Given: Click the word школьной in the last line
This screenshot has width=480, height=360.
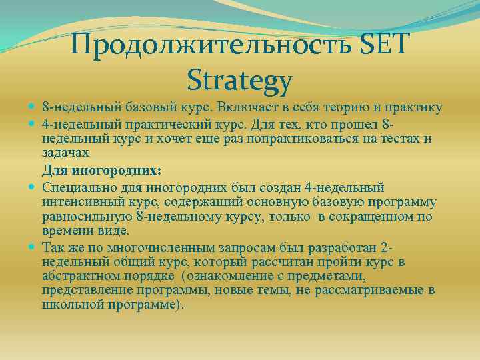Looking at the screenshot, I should point(72,305).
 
